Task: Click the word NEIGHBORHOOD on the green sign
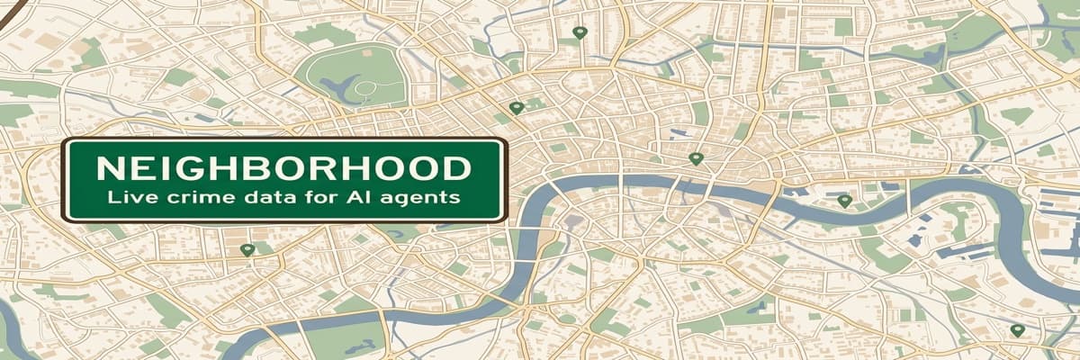click(283, 167)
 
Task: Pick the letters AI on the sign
click(354, 195)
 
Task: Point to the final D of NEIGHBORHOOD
click(455, 167)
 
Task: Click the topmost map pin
click(579, 32)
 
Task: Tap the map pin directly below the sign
click(247, 249)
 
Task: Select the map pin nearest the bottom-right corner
click(1017, 330)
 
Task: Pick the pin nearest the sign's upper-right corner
click(516, 107)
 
